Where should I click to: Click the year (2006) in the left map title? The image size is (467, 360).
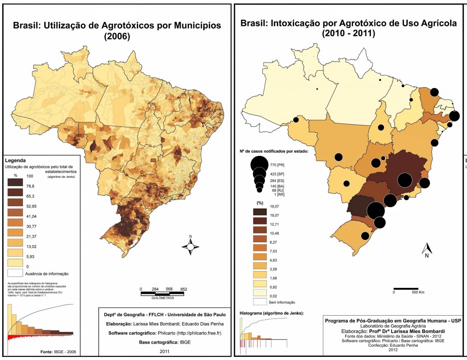pos(117,37)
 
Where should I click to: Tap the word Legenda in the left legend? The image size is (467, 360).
pos(16,161)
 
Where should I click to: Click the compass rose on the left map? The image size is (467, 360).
pos(191,246)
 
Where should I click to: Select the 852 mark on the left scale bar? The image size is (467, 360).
pos(184,289)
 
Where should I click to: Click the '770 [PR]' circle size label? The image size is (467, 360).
pos(277,163)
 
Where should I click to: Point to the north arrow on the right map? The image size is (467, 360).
pos(426,250)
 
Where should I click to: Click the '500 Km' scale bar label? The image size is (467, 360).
pos(418,292)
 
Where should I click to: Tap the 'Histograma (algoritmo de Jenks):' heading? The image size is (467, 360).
pos(272,313)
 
